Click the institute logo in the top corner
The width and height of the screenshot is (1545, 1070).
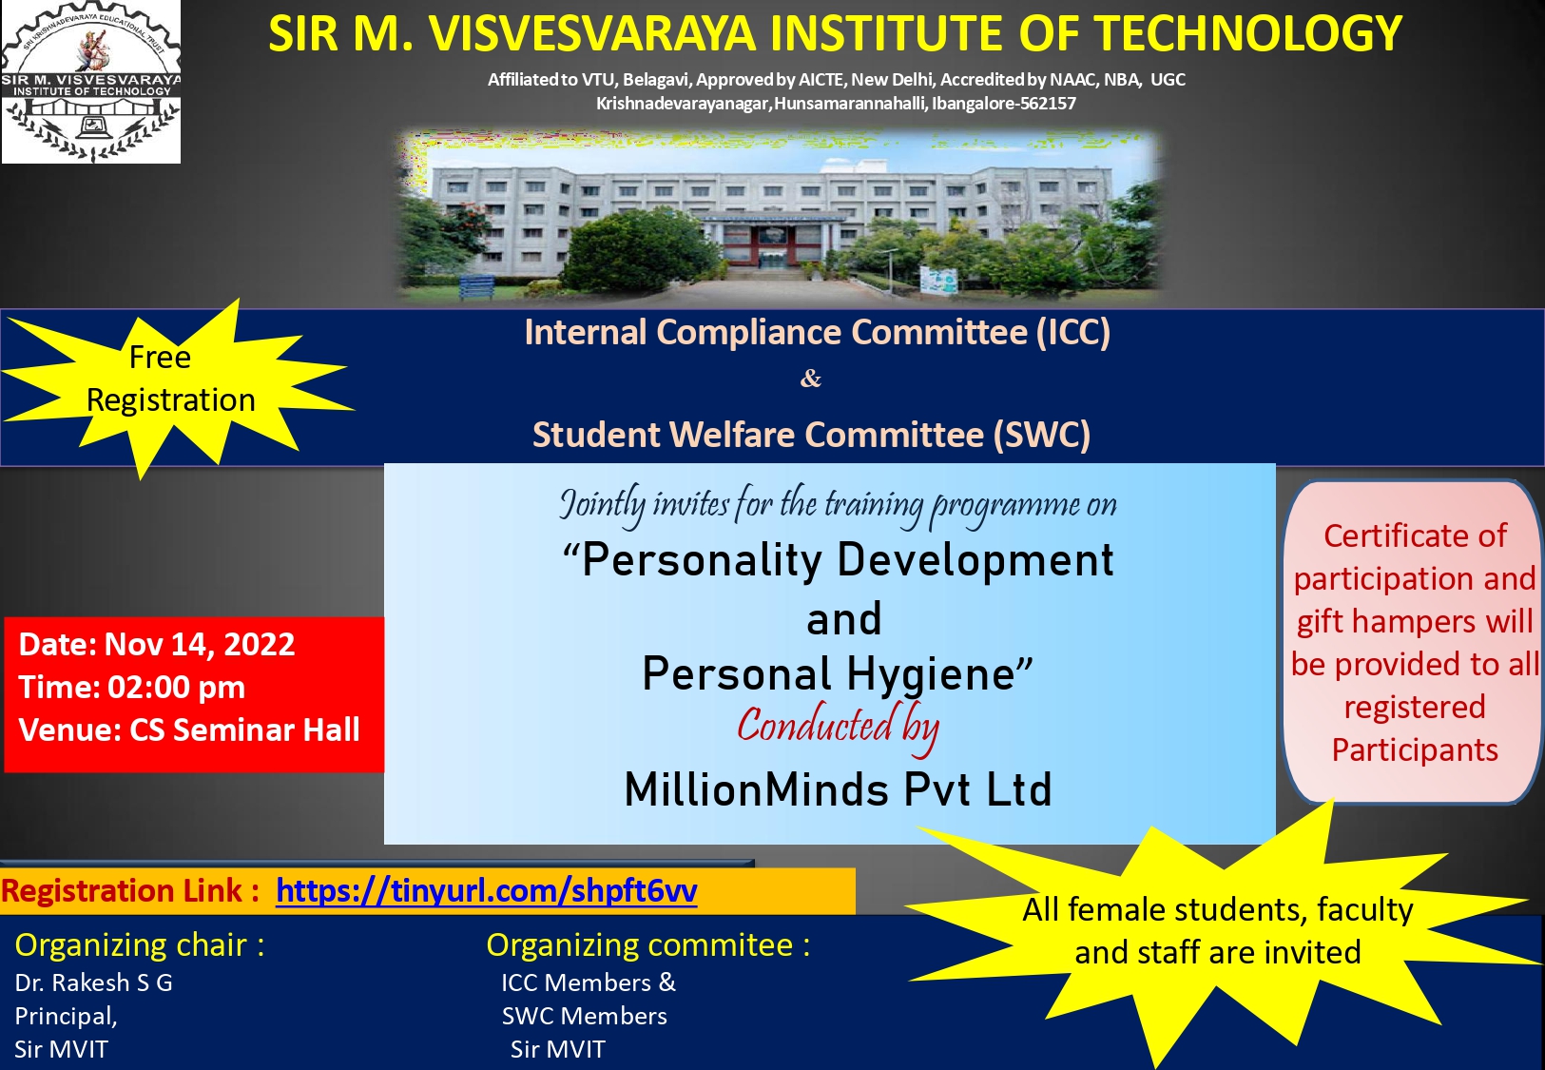(91, 82)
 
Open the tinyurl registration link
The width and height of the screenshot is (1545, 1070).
(486, 890)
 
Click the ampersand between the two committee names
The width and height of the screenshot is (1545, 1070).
(811, 378)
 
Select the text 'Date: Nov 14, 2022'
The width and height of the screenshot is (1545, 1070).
(157, 644)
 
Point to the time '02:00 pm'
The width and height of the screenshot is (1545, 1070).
(177, 687)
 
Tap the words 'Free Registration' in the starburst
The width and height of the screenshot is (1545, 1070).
(169, 379)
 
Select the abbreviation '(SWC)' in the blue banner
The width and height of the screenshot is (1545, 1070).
(1041, 435)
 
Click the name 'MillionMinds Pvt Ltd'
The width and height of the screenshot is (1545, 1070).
(838, 789)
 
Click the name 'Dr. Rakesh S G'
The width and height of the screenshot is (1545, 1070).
(94, 982)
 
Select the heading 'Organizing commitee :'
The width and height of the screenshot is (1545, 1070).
(648, 945)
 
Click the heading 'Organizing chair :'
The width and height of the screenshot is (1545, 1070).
(140, 945)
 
